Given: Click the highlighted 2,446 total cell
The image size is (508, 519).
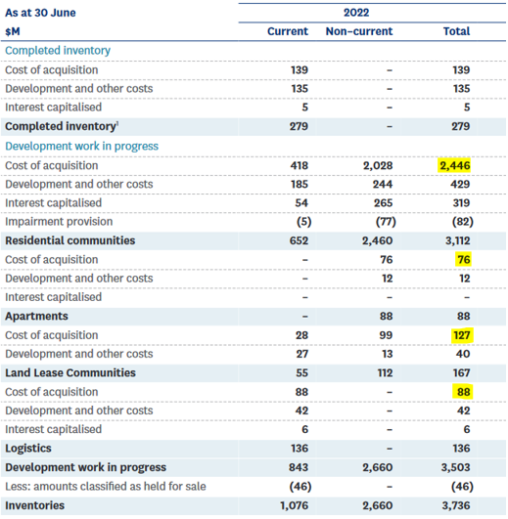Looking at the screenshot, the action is (x=454, y=165).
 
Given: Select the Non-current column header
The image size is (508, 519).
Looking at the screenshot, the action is (x=359, y=31).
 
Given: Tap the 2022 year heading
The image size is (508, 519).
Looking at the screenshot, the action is (x=356, y=13).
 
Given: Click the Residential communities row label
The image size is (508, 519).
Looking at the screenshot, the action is (x=70, y=240).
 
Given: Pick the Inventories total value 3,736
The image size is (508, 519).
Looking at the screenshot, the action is (x=456, y=505).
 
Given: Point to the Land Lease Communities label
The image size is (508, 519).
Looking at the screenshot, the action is (x=70, y=372).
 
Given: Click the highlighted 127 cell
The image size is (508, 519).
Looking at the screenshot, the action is (x=462, y=335).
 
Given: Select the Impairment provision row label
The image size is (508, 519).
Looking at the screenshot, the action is (x=59, y=222).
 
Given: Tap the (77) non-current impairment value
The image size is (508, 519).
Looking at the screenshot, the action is (x=386, y=222).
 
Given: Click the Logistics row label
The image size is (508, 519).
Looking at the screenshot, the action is (x=28, y=449).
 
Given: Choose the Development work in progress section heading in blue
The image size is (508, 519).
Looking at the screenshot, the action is (x=81, y=146).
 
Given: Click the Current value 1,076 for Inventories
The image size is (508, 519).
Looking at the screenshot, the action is (x=294, y=505).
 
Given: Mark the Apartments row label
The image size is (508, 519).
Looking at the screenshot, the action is (x=36, y=316).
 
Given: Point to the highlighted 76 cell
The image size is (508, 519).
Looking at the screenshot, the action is (x=464, y=260).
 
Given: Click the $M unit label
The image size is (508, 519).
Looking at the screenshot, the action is (x=13, y=31).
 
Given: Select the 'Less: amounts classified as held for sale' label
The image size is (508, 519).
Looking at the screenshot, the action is (x=106, y=486).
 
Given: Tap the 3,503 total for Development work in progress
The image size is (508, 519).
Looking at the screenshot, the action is (x=455, y=467).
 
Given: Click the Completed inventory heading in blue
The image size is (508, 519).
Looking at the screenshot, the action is (x=58, y=50).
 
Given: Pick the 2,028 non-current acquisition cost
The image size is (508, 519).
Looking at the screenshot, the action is (x=378, y=165).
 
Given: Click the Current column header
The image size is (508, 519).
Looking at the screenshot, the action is (x=288, y=31).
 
